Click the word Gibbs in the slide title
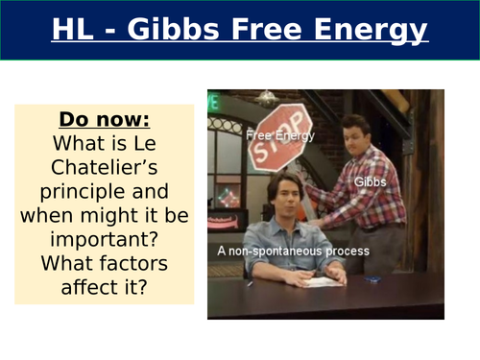198,33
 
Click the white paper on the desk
323,280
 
